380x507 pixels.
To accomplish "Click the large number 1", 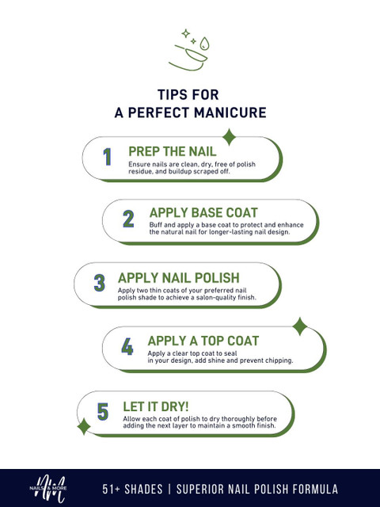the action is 108,157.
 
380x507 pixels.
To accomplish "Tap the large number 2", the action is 128,219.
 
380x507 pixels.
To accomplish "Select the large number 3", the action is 100,283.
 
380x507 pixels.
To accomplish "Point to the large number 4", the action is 127,347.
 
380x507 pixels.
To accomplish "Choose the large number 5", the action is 103,412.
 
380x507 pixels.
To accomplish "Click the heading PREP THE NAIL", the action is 173,151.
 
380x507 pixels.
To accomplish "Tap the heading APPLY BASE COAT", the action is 203,213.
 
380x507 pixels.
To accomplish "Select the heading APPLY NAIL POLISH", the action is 178,278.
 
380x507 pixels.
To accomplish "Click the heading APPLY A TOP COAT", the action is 203,341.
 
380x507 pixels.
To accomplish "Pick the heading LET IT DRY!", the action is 156,406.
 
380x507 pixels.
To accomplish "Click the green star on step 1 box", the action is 229,137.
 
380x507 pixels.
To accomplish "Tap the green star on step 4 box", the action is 300,326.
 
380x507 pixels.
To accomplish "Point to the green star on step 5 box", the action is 84,426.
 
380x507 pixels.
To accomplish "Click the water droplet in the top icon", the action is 204,44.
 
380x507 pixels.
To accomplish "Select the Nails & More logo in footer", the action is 48,489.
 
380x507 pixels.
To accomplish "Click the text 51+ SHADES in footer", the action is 132,489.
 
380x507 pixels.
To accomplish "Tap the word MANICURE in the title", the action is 230,112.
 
